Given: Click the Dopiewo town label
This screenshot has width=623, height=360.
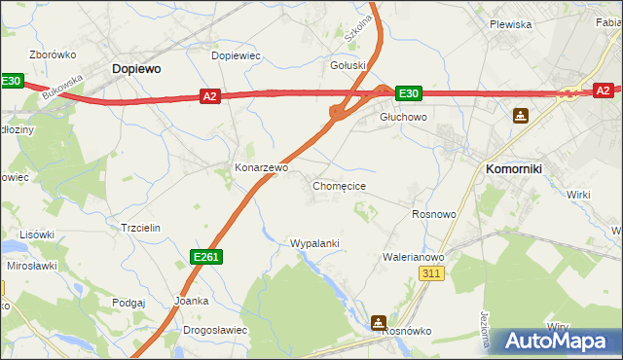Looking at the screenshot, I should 136,69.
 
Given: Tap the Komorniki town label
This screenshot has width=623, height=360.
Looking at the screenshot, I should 513,168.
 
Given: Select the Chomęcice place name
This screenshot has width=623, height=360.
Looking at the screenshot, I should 339,185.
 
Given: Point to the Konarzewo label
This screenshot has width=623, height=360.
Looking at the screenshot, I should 262,167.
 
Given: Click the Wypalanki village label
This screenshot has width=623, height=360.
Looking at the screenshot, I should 314,243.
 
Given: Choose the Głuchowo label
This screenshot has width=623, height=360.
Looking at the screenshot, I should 403,116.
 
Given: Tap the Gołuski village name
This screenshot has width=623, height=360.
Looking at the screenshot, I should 348,65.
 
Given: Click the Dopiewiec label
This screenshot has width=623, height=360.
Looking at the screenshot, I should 237,55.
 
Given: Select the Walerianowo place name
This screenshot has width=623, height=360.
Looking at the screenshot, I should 413,257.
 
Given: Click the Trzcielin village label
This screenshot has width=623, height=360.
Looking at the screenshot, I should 140,227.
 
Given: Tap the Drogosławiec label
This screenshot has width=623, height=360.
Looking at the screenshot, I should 215,330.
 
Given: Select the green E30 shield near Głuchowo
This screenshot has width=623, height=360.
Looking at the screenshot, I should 409,93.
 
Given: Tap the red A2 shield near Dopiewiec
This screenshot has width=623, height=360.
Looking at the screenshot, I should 210,95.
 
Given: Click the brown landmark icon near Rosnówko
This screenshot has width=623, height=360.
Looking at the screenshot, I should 379,322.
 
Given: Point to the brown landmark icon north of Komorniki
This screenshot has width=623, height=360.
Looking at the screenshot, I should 522,116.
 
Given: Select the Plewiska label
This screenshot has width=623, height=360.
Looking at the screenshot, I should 510,24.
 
